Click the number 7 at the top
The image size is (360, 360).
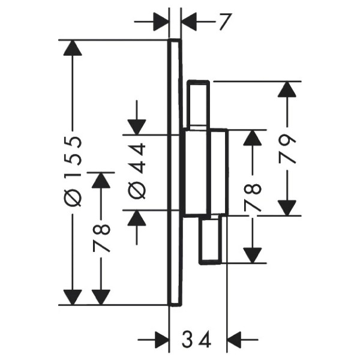pos(224,22)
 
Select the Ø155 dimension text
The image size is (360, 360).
pos(73,171)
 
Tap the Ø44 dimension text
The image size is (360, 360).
pos(137,171)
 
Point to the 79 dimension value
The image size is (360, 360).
pos(287,149)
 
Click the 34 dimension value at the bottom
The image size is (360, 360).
pos(196,339)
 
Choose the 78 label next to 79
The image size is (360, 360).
pos(253,197)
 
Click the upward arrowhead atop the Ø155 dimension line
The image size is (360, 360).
pos(73,48)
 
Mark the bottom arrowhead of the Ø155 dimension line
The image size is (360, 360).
pos(73,298)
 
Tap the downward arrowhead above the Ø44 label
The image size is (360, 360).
pos(137,127)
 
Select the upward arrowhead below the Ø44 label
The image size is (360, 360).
pos(137,217)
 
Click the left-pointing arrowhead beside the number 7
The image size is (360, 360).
pos(189,22)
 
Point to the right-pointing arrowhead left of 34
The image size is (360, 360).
pos(161,340)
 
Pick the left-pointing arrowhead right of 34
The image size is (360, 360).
pos(235,340)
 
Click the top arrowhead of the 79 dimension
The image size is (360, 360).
pos(287,89)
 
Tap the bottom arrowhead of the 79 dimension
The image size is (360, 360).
pos(287,208)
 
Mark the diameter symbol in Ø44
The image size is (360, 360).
pos(137,190)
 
